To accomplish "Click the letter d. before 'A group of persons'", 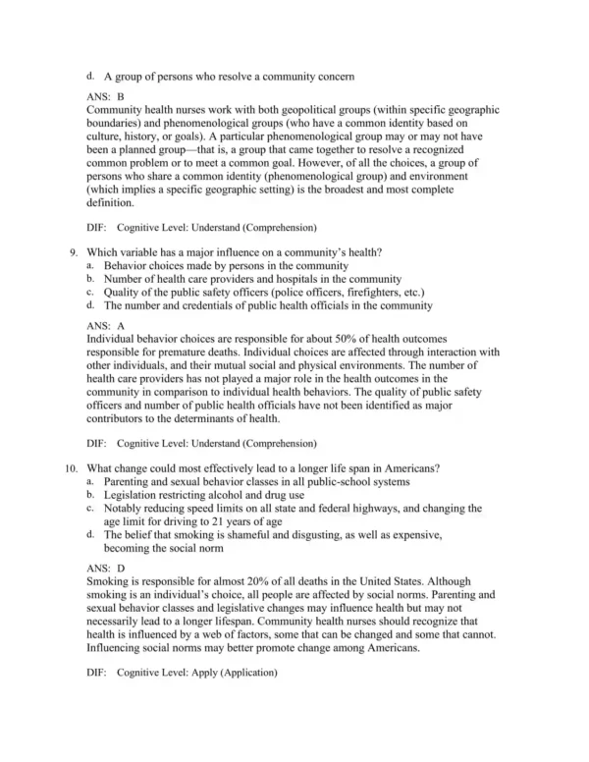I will (x=90, y=75).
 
